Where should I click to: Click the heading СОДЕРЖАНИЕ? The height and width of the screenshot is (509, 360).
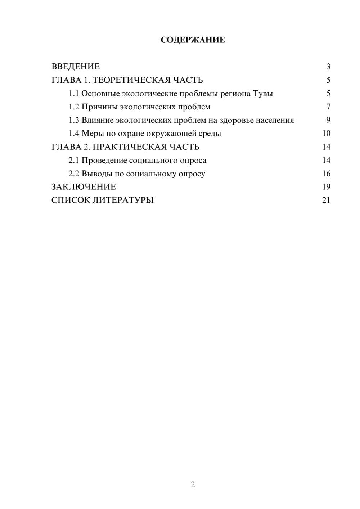click(193, 40)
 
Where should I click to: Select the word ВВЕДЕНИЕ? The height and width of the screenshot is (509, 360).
click(76, 67)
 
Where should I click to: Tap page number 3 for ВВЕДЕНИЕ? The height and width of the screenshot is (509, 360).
click(328, 67)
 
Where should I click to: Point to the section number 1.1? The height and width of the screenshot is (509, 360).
click(73, 94)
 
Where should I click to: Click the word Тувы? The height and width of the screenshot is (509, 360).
click(263, 94)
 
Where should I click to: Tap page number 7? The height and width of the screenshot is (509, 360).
click(328, 107)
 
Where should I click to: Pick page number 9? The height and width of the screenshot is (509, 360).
click(328, 120)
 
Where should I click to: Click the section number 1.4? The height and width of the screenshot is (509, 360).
click(74, 134)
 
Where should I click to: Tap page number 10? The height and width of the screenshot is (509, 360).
click(326, 134)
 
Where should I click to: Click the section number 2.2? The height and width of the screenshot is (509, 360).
click(74, 174)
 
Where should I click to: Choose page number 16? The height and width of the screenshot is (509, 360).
click(326, 174)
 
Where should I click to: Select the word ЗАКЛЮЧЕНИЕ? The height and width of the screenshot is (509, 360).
click(84, 187)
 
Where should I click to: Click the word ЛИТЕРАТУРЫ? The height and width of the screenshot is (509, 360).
click(123, 200)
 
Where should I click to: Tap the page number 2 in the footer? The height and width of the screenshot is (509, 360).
click(193, 485)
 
